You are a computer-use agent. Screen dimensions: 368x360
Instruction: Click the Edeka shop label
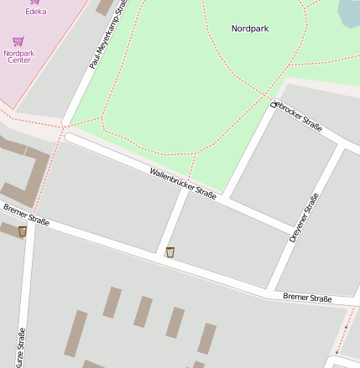pos(35,12)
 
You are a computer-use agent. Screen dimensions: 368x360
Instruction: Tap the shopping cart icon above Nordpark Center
pos(18,40)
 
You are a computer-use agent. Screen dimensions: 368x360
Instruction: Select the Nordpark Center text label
pos(18,56)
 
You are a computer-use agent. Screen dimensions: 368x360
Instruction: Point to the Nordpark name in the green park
pos(249,29)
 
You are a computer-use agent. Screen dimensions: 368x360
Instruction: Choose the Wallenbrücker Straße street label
pos(183,183)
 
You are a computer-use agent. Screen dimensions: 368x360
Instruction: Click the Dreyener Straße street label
pos(304,218)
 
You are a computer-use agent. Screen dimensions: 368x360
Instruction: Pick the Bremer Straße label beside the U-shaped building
pos(26,215)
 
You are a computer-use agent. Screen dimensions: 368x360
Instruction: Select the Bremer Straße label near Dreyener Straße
pos(307,298)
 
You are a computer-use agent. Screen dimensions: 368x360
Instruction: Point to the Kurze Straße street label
pos(21,346)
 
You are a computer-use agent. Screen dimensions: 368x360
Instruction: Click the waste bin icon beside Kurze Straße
pos(22,231)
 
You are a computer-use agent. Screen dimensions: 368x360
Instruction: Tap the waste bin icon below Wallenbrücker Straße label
pos(170,251)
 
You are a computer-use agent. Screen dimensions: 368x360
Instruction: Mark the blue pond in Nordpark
pos(349,10)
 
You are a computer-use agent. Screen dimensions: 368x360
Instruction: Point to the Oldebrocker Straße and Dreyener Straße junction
pos(342,145)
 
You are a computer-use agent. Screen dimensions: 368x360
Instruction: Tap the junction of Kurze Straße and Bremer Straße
pos(31,220)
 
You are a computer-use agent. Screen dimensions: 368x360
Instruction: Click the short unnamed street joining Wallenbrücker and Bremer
pos(172,222)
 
